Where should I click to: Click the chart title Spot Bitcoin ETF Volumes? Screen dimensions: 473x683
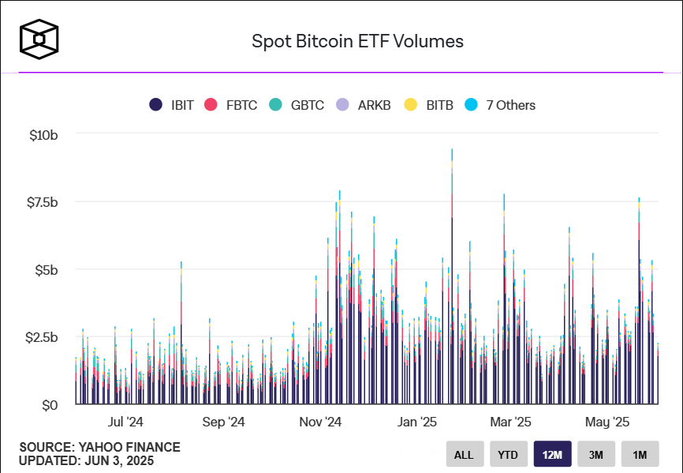click(x=357, y=41)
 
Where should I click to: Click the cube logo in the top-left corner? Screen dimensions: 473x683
click(x=39, y=39)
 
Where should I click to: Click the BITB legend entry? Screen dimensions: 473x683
click(x=429, y=105)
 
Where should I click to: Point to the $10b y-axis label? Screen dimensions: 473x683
click(x=43, y=135)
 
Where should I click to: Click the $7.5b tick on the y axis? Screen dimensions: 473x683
click(x=43, y=202)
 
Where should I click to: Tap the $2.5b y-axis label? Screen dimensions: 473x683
click(x=43, y=337)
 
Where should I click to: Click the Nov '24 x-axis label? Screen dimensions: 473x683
click(x=320, y=422)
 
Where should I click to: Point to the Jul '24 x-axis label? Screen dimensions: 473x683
click(x=125, y=422)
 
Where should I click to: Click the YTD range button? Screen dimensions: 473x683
click(x=508, y=454)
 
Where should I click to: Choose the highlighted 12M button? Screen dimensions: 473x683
click(x=552, y=454)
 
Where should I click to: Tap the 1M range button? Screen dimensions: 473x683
click(x=640, y=454)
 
